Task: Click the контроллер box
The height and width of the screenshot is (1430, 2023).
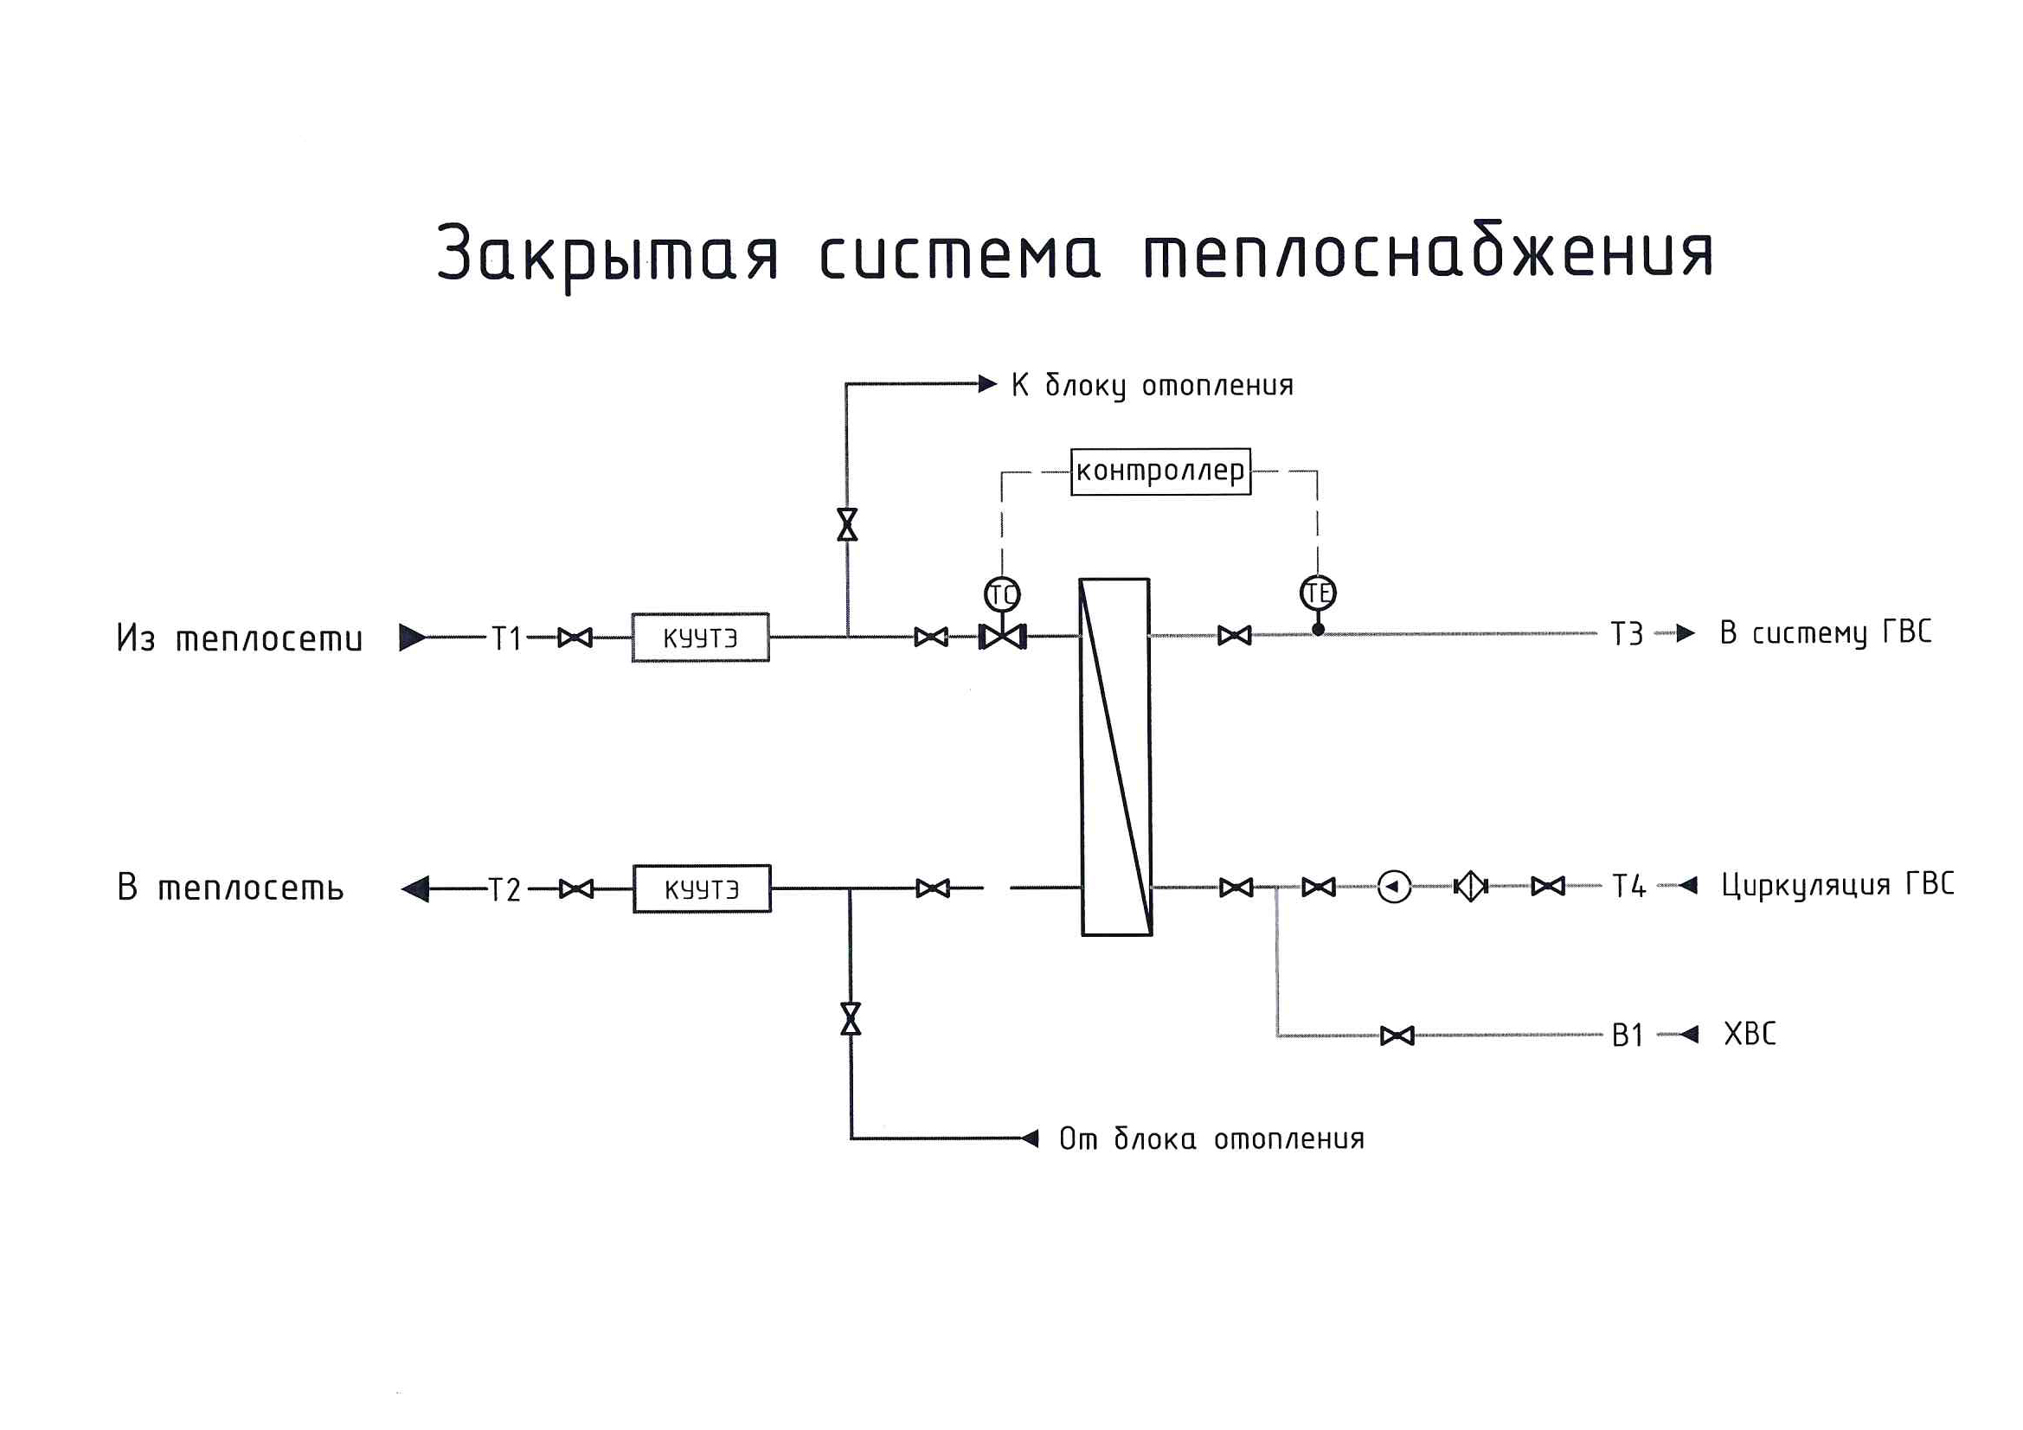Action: point(1159,471)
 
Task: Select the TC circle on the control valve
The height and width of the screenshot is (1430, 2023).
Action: point(1002,594)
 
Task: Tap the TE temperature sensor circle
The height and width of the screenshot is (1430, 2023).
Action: point(1317,593)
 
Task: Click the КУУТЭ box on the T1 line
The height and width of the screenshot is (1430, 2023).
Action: point(701,637)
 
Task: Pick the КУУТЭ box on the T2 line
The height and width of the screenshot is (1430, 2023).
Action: point(703,888)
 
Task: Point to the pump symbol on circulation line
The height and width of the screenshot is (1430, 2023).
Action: point(1394,887)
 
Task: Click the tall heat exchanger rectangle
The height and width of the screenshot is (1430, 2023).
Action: point(1115,757)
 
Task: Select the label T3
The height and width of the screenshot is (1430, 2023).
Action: point(1627,634)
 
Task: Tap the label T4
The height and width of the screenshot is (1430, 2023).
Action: point(1628,887)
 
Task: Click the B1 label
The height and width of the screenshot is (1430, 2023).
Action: point(1628,1036)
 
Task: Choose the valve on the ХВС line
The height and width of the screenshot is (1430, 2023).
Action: point(1397,1036)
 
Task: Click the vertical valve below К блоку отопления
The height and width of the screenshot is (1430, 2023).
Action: point(848,525)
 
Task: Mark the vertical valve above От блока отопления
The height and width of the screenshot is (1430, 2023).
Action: point(851,1018)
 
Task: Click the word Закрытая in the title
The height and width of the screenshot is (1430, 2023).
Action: point(607,253)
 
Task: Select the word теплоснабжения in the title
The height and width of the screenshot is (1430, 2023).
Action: point(1428,253)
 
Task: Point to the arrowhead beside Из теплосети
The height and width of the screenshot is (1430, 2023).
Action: point(412,637)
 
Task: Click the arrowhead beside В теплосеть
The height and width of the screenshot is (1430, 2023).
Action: point(415,888)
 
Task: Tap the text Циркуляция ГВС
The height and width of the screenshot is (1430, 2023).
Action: point(1837,885)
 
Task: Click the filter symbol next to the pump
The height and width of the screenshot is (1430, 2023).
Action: point(1470,887)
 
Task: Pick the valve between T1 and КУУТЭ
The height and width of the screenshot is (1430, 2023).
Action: point(575,637)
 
